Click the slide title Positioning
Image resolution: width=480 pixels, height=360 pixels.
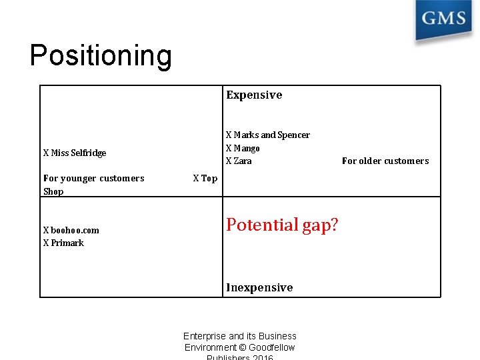coord(101,56)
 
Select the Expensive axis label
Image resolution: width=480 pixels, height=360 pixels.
coord(254,95)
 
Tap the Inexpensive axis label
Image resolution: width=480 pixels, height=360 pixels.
coord(259,287)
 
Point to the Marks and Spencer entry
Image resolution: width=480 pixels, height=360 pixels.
coord(268,135)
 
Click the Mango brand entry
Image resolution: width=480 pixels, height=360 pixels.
coord(243,148)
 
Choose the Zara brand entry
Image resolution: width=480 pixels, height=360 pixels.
coord(239,161)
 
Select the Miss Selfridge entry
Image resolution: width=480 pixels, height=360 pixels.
coord(75,153)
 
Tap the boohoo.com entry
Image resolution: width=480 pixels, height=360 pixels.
coord(71,230)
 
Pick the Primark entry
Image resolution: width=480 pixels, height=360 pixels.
coord(63,243)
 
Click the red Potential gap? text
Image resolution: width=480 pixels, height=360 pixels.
coord(282,225)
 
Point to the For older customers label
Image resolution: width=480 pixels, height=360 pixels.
coord(385,161)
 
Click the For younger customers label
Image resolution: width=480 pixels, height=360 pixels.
coord(94,178)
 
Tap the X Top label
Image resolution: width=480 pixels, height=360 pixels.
coord(205,178)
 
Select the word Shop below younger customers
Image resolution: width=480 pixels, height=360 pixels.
coord(53,191)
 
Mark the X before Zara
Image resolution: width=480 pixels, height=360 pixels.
coord(229,161)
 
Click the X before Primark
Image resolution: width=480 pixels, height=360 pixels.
coord(46,243)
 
